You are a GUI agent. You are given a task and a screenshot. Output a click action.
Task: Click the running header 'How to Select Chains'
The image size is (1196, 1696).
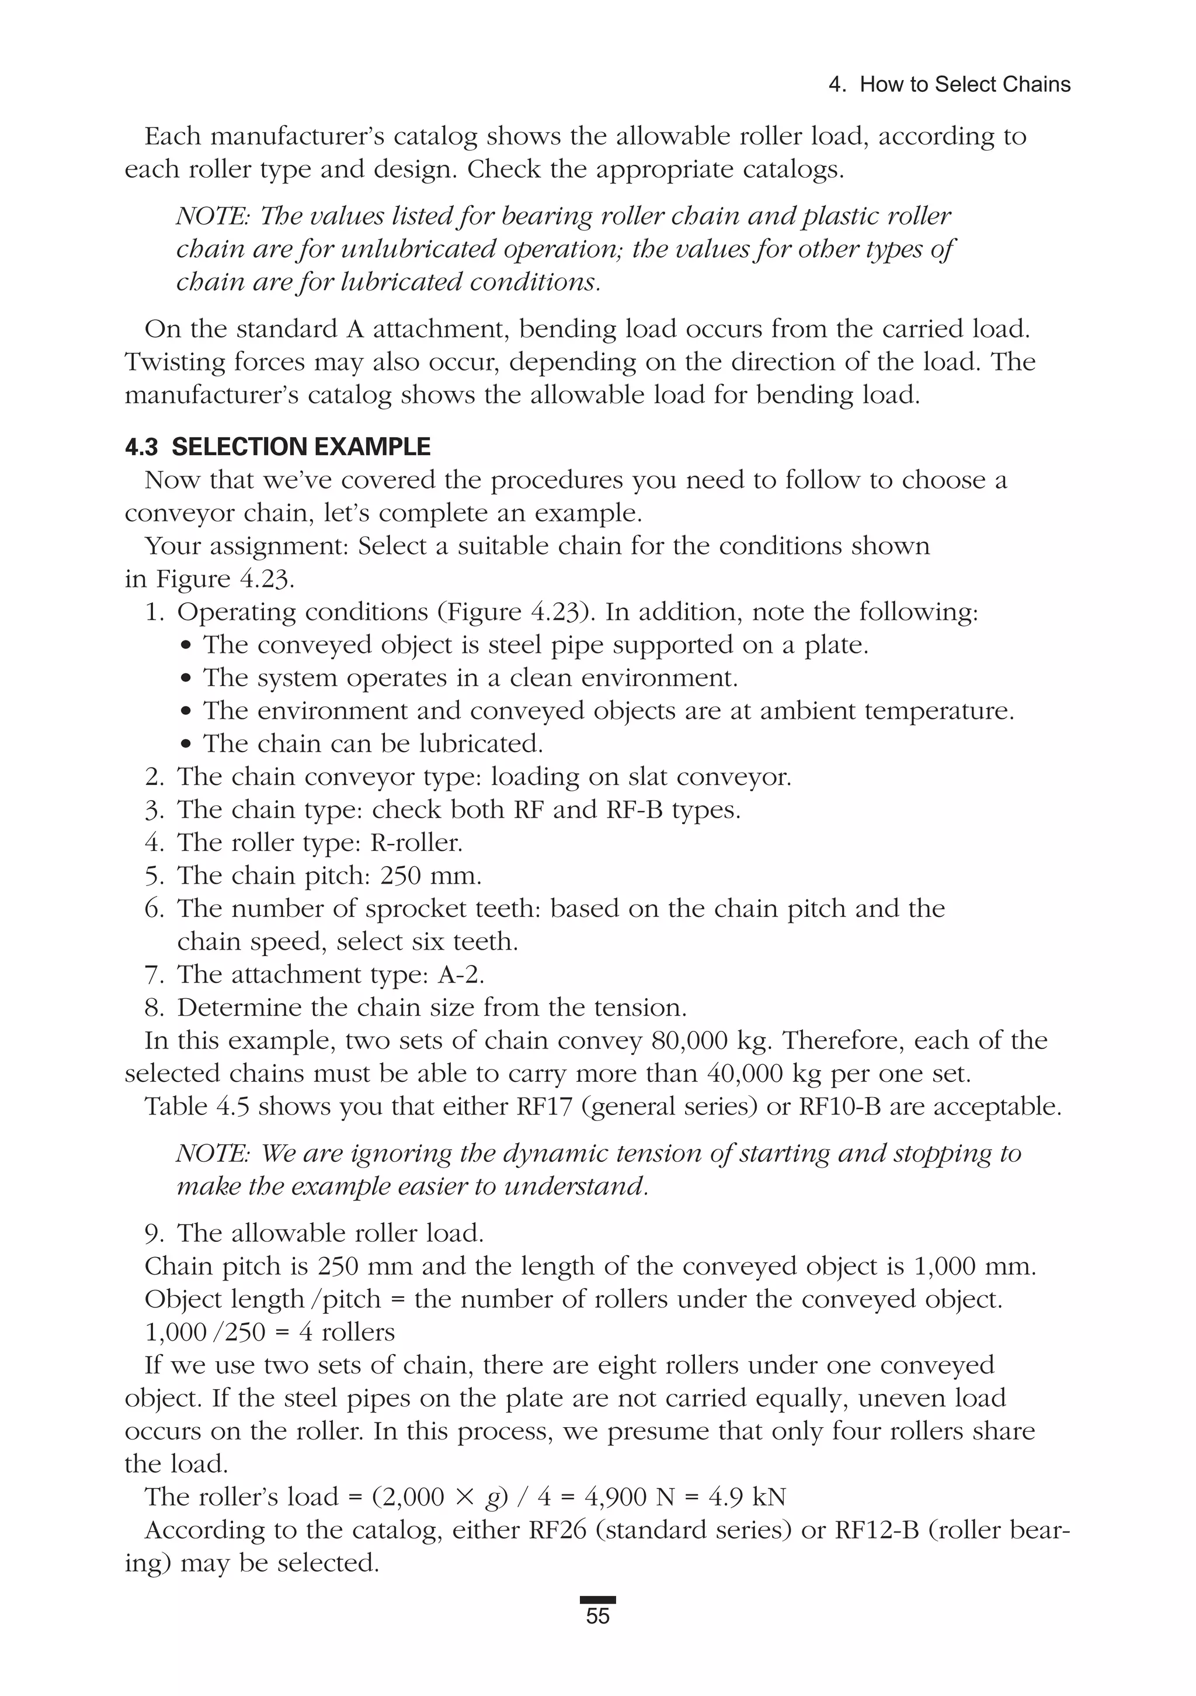pos(965,85)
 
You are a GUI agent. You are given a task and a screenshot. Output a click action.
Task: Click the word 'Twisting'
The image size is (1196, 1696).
pos(174,362)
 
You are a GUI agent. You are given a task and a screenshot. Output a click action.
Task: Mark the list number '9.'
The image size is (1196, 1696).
pos(154,1234)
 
